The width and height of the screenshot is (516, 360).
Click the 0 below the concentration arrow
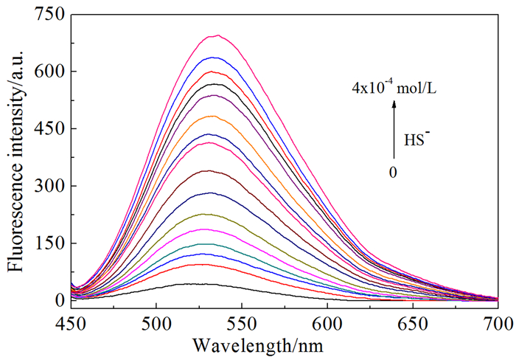[395, 171]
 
